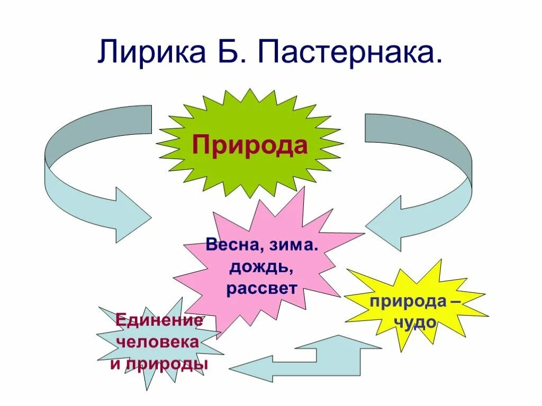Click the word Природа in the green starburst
tap(249, 144)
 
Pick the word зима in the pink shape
tap(290, 246)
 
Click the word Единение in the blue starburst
tap(159, 320)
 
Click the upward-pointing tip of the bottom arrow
tap(339, 339)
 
